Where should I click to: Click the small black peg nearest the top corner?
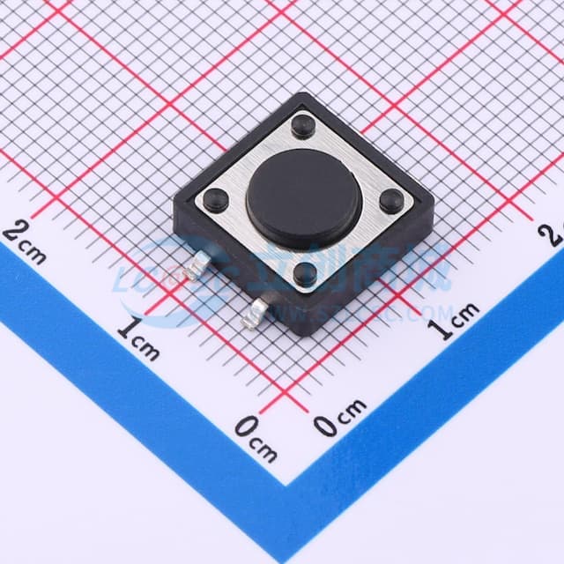(x=302, y=126)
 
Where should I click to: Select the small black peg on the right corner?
(x=391, y=201)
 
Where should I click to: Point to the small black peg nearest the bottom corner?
(x=305, y=274)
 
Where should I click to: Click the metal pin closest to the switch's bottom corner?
(x=259, y=309)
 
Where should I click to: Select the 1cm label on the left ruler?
(x=138, y=340)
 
